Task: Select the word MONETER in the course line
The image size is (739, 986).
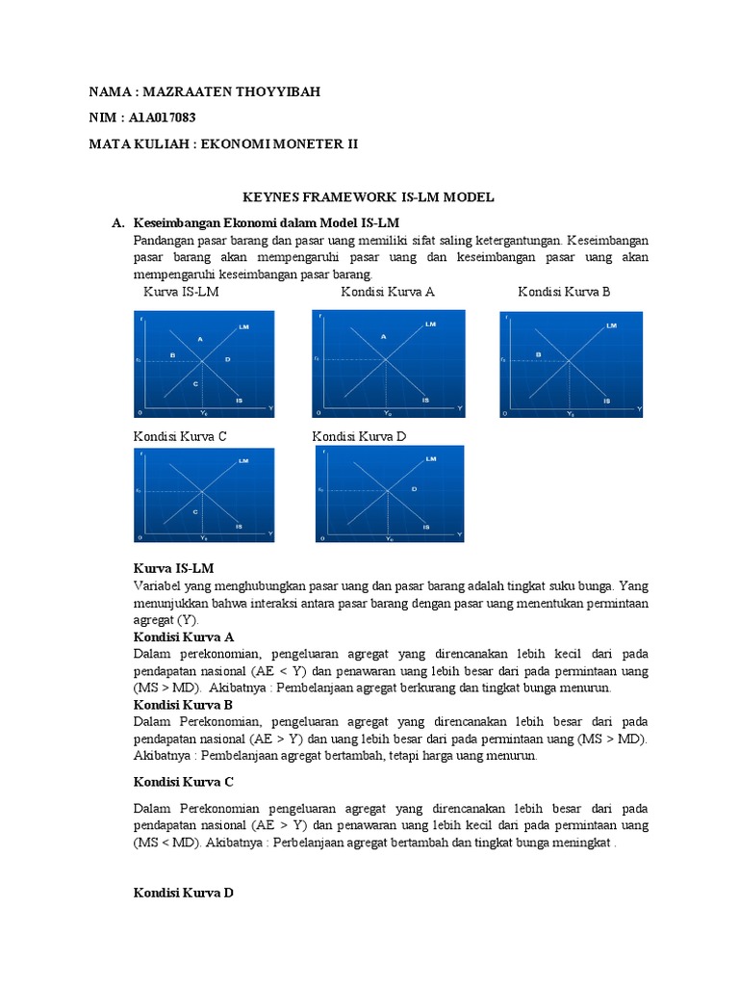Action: [306, 143]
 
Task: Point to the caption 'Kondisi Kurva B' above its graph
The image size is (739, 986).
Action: [564, 292]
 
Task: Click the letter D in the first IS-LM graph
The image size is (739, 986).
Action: [228, 359]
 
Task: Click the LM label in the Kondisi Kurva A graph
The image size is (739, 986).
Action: [429, 324]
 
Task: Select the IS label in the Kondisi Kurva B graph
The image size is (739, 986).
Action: [606, 400]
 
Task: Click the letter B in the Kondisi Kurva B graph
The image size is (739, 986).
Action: [539, 354]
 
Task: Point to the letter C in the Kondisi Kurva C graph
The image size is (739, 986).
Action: [195, 511]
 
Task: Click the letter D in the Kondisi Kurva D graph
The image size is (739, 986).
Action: [414, 489]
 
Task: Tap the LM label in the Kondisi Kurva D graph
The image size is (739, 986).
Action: [430, 459]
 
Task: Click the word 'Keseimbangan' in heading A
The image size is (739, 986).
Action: [181, 223]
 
